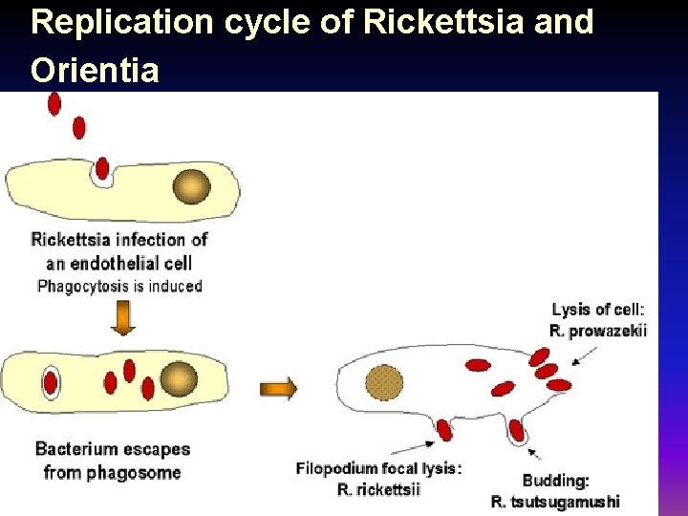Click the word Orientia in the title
point(95,70)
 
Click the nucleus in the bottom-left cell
point(178,379)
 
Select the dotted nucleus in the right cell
point(384,384)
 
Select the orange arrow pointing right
point(278,389)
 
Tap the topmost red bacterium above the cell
point(54,103)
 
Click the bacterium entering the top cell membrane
point(102,169)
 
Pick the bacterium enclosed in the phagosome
point(49,383)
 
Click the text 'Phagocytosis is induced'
point(119,286)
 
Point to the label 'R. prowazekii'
point(598,331)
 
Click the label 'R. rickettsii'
point(379,489)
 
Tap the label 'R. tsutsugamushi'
point(555,501)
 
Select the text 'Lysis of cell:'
point(598,309)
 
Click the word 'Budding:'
point(556,481)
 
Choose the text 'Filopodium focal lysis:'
point(378,468)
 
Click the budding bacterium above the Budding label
point(516,431)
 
